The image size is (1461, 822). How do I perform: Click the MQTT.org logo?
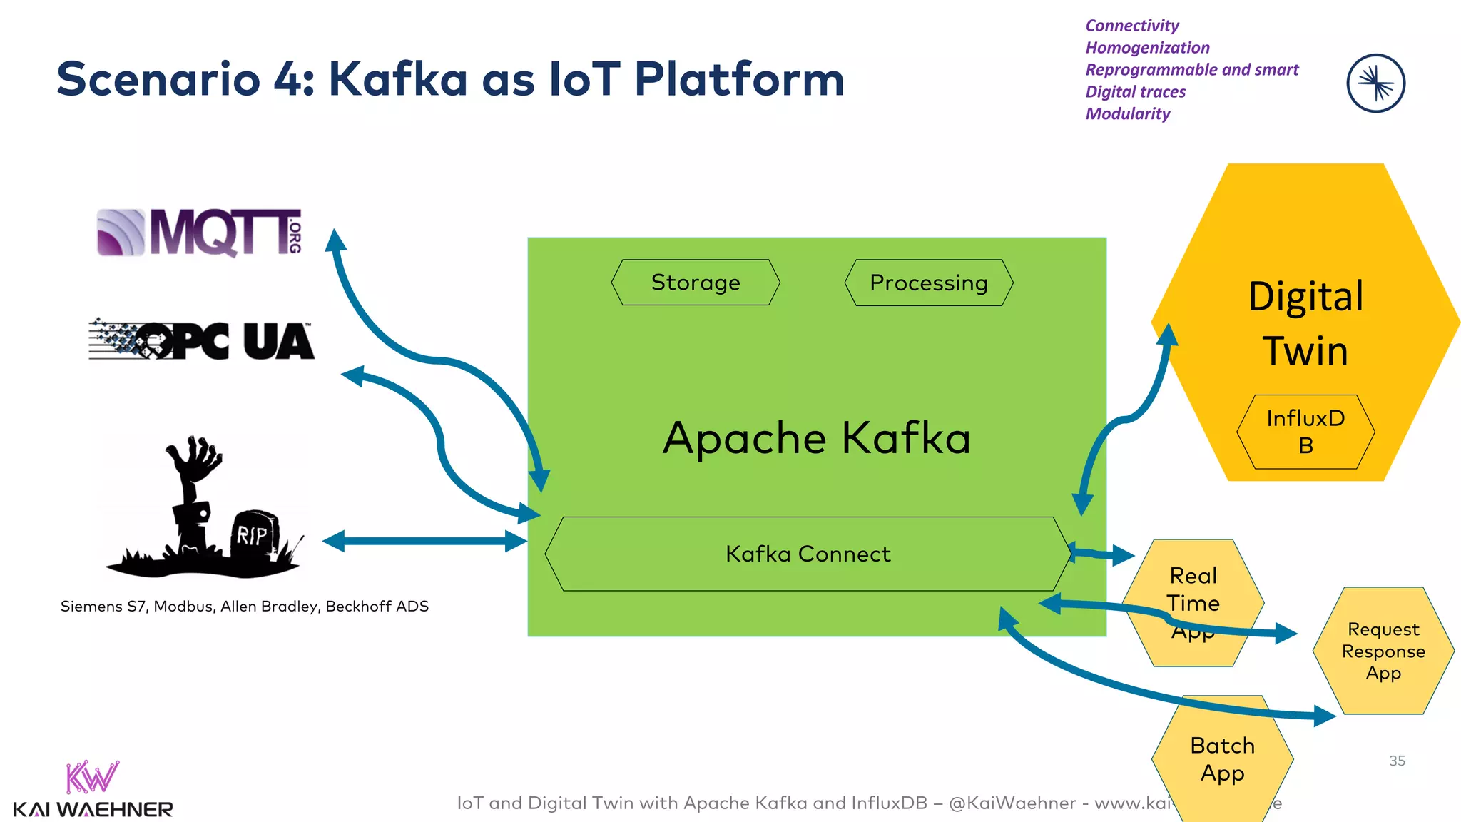pos(199,232)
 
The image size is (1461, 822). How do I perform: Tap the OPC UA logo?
pos(201,340)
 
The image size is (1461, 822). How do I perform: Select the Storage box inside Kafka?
pos(696,283)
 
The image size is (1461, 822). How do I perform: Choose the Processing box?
pos(928,283)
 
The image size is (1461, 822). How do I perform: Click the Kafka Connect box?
pos(808,554)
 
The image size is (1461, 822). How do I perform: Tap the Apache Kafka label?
pos(816,437)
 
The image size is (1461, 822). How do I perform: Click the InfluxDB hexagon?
pos(1305,432)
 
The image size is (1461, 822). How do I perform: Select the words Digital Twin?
pos(1305,323)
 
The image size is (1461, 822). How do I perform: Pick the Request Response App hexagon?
pos(1383,651)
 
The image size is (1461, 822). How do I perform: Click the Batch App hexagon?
pos(1222,759)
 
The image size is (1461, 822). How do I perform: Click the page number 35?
pos(1397,761)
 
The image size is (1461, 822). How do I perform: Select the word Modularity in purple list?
pos(1128,114)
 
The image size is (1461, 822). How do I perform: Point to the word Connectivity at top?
pos(1132,26)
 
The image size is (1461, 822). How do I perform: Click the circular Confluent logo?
pos(1375,83)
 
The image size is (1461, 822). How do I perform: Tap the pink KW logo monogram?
pos(91,778)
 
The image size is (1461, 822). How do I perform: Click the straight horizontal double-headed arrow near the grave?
pos(424,541)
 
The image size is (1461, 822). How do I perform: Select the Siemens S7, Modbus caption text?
pos(244,607)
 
